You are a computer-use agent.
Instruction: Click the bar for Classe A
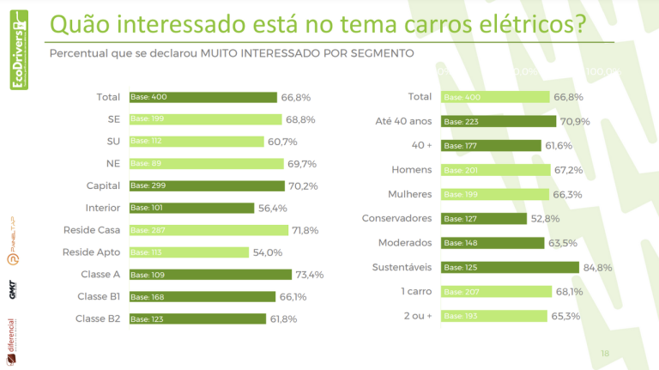[210, 275]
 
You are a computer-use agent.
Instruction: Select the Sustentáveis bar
[511, 268]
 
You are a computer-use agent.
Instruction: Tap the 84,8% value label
[597, 268]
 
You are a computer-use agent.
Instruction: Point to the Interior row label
[103, 208]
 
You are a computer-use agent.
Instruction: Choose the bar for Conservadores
[484, 219]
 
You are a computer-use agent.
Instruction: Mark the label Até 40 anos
[404, 121]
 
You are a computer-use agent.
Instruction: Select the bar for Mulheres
[495, 195]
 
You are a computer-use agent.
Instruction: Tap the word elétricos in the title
[522, 25]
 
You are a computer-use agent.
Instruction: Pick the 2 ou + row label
[417, 316]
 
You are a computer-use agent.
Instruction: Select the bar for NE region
[206, 163]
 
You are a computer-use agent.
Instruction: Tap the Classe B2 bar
[198, 319]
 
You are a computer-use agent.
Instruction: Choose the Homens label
[411, 170]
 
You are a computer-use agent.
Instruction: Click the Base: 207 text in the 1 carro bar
[461, 292]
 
